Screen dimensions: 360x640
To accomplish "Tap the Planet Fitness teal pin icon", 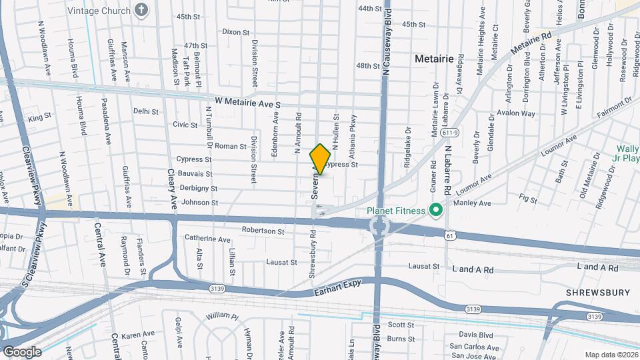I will pyautogui.click(x=437, y=211).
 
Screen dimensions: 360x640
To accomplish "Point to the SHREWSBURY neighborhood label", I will pyautogui.click(x=598, y=293).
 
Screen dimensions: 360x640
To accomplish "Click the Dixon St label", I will pyautogui.click(x=235, y=31).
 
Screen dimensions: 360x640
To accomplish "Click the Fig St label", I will pyautogui.click(x=529, y=199).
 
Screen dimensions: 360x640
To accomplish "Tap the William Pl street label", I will pyautogui.click(x=221, y=315).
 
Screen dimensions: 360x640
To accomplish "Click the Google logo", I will pyautogui.click(x=22, y=351).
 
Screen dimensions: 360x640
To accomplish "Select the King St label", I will pyautogui.click(x=39, y=118).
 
